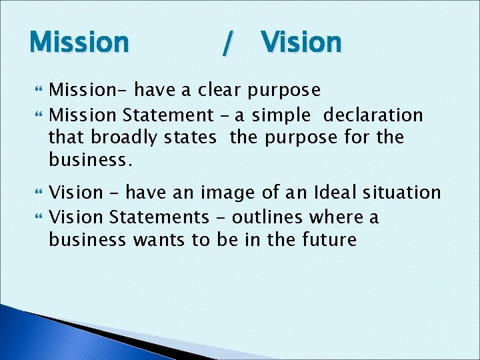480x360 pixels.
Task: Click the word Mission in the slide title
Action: click(79, 43)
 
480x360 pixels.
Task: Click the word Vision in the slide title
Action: click(301, 43)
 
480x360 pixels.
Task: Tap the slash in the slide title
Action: click(227, 44)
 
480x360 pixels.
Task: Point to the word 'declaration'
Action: click(373, 115)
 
